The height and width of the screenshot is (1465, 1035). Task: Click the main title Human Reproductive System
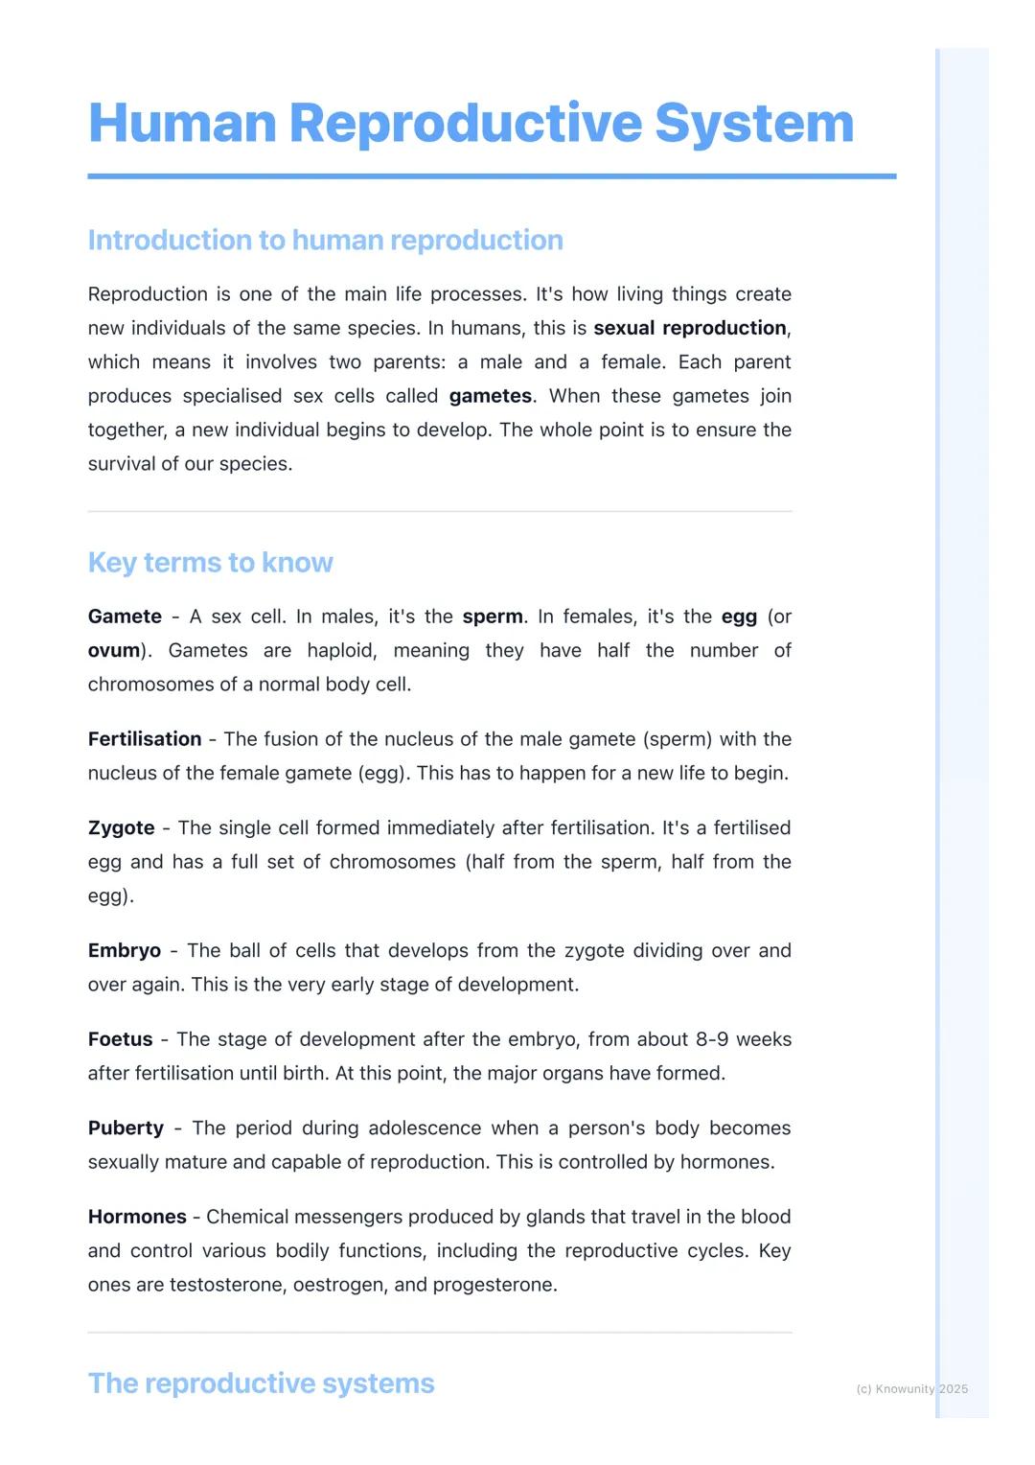pos(471,124)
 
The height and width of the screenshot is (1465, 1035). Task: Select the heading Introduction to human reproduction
pos(325,240)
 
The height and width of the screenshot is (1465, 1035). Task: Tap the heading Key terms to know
pos(210,562)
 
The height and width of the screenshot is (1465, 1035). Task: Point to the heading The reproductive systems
pos(261,1383)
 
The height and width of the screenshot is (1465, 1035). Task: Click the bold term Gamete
pos(125,616)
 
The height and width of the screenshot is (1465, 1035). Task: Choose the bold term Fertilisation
pos(145,739)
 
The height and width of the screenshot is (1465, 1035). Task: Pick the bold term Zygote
pos(121,827)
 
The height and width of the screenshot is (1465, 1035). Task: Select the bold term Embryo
pos(125,950)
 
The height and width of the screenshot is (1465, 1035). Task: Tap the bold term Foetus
pos(120,1039)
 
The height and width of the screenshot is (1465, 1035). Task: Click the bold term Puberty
pos(126,1128)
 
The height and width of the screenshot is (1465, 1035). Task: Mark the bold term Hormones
pos(137,1217)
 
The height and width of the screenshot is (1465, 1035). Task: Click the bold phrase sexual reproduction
pos(690,328)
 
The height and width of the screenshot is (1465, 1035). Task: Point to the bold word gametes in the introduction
pos(491,396)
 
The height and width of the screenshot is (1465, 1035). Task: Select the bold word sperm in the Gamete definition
pos(493,616)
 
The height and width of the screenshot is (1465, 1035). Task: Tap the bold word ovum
pos(114,650)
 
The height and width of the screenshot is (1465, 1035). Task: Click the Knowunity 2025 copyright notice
pos(911,1388)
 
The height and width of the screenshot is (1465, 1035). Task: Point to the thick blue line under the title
pos(492,176)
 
